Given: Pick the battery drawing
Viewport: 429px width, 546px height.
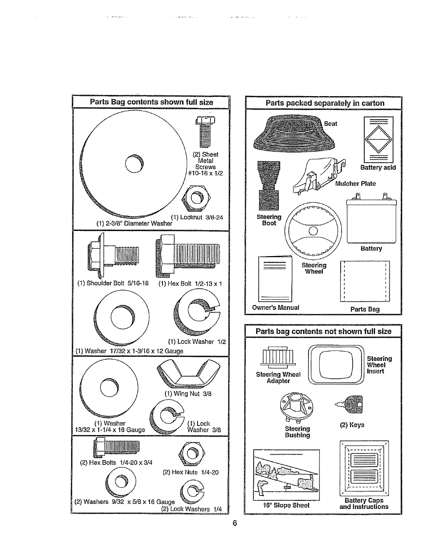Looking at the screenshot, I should tap(371, 219).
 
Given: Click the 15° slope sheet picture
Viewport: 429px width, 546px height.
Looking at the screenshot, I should tap(286, 475).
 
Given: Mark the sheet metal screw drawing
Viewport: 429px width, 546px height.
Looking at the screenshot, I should tap(205, 131).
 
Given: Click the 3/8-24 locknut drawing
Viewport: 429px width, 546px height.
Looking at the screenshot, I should tap(196, 198).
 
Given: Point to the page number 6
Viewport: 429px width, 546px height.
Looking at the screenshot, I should tap(235, 524).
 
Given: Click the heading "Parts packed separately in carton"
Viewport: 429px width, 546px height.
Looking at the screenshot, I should tap(325, 103).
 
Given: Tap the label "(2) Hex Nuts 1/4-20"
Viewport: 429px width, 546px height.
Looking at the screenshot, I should tap(190, 472).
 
